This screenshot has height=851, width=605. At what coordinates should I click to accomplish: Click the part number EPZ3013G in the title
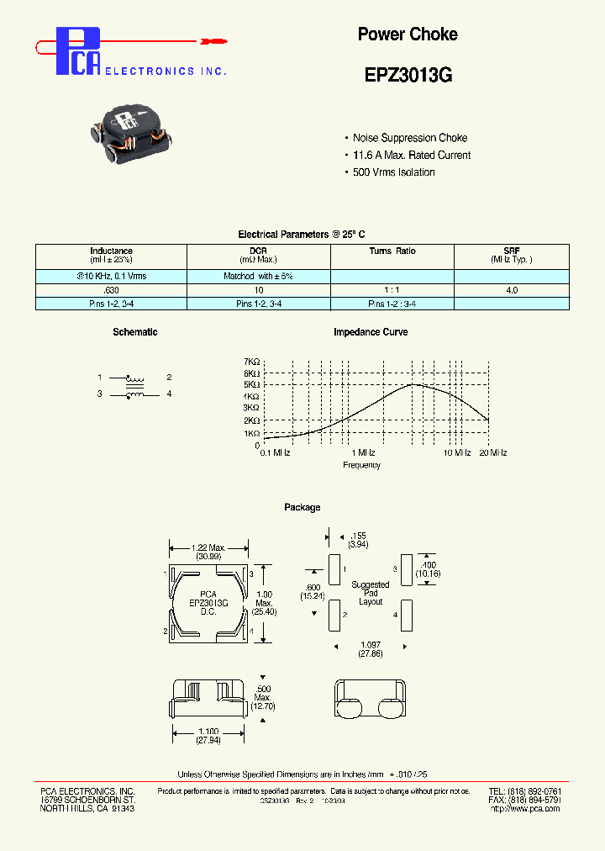click(408, 75)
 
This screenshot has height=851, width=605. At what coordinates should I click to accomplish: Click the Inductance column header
click(111, 251)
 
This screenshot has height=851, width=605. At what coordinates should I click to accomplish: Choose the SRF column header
click(511, 251)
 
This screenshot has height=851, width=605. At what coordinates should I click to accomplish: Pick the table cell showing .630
click(111, 289)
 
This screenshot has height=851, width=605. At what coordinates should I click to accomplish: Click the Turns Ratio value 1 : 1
click(392, 289)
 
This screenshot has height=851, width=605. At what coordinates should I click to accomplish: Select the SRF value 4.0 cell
click(511, 289)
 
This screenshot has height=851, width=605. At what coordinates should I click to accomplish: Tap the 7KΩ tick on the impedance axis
click(252, 361)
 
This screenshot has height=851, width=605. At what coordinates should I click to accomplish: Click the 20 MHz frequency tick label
click(493, 452)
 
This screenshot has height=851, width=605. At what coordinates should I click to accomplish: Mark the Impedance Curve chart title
click(371, 332)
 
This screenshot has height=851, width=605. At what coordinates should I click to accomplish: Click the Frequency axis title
click(362, 465)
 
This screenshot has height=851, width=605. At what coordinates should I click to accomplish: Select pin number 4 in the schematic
click(169, 394)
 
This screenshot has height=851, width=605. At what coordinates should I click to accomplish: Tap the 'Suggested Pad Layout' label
click(371, 593)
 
